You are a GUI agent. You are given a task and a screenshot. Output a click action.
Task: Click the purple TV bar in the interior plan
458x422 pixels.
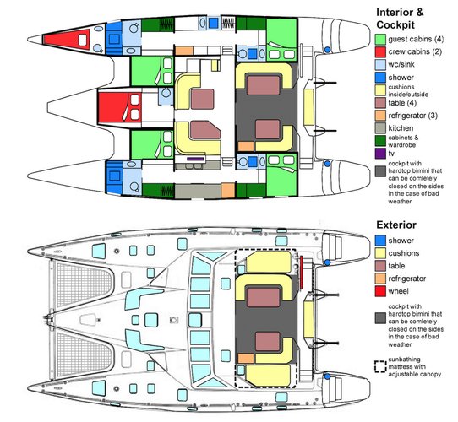(195, 159)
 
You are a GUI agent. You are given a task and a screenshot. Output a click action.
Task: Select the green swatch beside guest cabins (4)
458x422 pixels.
(380, 40)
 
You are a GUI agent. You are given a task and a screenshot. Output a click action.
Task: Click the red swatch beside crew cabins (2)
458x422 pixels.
(380, 52)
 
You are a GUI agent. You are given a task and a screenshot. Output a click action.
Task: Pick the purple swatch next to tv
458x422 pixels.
(380, 154)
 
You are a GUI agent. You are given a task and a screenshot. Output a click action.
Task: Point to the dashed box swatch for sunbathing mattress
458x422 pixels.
(380, 366)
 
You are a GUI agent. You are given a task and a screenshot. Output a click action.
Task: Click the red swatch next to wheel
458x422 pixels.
(380, 291)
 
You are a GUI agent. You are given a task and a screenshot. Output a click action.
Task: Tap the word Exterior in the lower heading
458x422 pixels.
(396, 225)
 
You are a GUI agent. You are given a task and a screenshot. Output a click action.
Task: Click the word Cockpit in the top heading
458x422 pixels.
(395, 25)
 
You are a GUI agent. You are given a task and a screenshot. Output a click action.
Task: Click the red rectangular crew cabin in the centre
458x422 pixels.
(120, 107)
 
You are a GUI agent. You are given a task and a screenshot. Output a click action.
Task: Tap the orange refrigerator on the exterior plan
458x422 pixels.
(246, 359)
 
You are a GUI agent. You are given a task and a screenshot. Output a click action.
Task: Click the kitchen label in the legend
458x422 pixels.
(401, 128)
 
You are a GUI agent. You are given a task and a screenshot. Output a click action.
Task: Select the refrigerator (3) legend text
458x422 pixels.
(412, 116)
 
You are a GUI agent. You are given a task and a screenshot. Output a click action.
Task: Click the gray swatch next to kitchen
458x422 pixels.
(380, 127)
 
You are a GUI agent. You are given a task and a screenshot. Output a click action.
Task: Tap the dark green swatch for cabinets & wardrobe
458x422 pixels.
(380, 141)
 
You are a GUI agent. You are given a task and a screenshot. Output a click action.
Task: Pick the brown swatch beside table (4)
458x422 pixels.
(380, 103)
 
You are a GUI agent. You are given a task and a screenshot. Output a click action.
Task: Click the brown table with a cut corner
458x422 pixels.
(205, 130)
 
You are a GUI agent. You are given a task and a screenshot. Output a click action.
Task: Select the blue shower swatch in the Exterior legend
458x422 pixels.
(380, 241)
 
